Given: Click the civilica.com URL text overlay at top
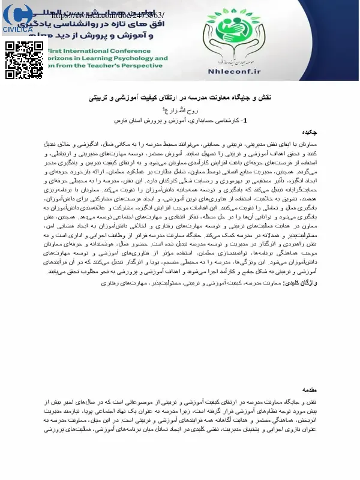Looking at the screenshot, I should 96,14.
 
